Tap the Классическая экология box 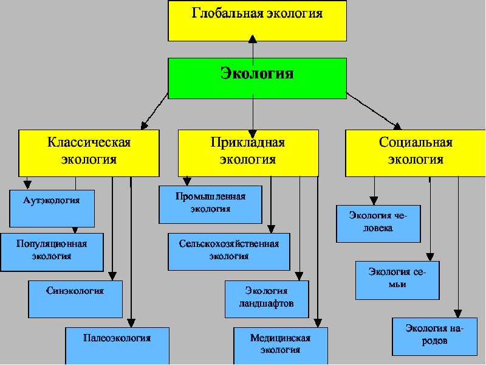(89, 152)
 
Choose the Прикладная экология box (248, 152)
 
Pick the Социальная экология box (416, 152)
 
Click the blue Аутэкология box (52, 207)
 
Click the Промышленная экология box (210, 204)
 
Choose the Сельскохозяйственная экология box (229, 251)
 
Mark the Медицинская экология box (281, 346)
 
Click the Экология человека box (378, 223)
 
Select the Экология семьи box (397, 280)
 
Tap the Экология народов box (434, 335)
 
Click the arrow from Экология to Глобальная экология (253, 47)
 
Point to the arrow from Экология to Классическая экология (154, 111)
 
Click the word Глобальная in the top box (228, 13)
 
